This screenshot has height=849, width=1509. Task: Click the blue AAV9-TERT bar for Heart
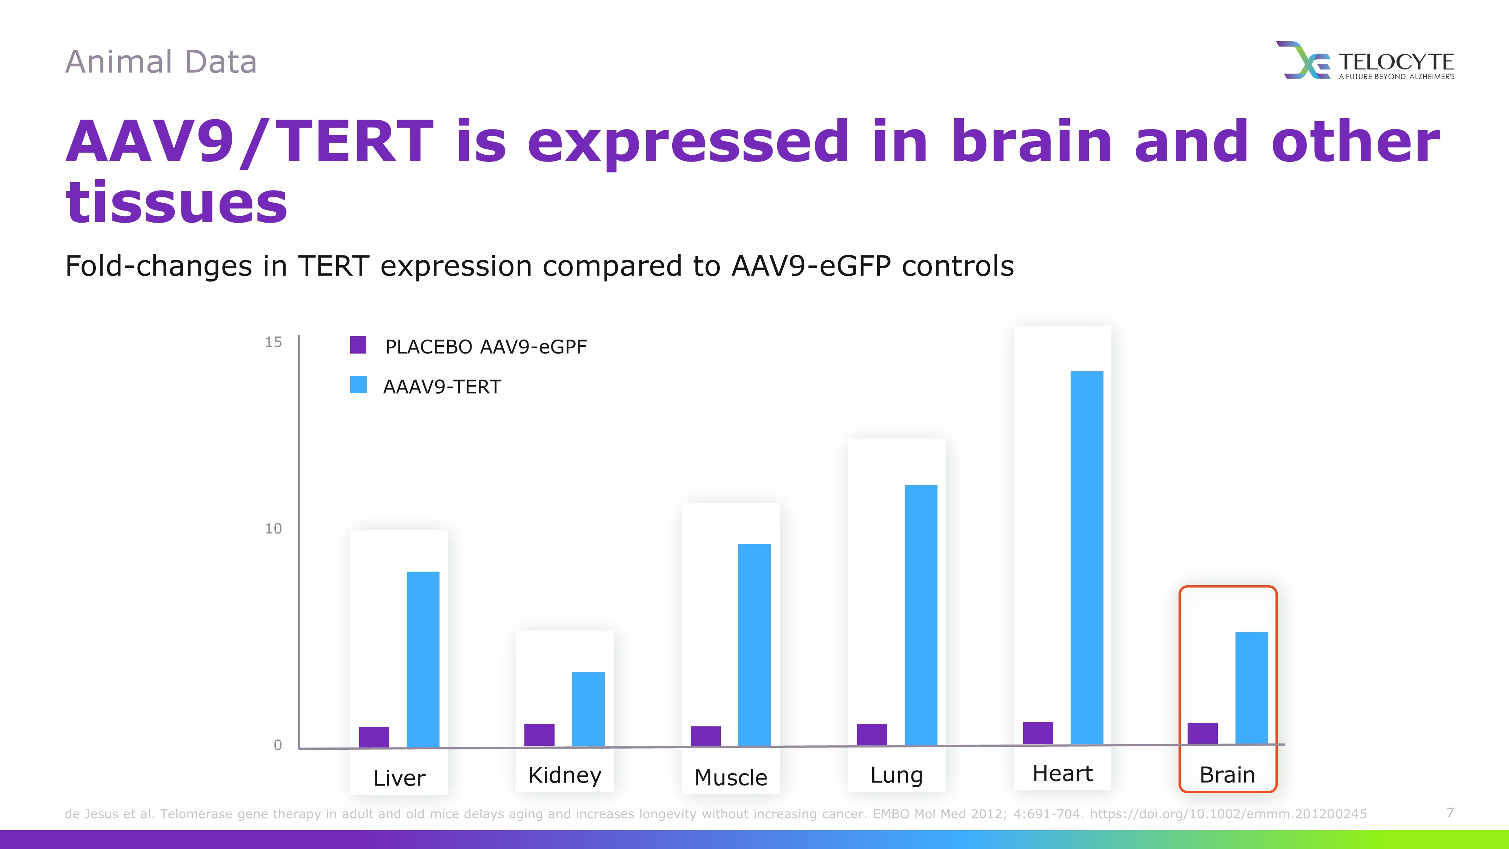click(x=1086, y=558)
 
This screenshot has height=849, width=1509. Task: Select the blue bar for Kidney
click(x=588, y=709)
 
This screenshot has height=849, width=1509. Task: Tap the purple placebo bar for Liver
click(x=374, y=737)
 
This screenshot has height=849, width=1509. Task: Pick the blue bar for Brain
click(x=1251, y=688)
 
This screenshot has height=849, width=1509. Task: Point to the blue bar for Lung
click(x=921, y=615)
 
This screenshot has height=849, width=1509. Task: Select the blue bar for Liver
click(x=423, y=660)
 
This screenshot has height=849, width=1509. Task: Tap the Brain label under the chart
click(x=1227, y=775)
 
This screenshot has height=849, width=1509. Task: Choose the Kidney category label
click(x=565, y=775)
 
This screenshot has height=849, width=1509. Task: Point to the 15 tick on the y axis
click(x=274, y=342)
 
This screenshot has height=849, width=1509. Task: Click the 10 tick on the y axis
click(x=274, y=529)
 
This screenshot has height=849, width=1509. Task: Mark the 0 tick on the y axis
click(x=278, y=745)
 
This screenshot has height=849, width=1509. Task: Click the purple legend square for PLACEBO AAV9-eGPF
click(x=358, y=345)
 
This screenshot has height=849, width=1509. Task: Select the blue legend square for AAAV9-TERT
click(x=358, y=385)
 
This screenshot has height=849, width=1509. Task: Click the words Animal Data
click(x=161, y=62)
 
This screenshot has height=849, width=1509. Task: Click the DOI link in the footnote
click(x=1228, y=814)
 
